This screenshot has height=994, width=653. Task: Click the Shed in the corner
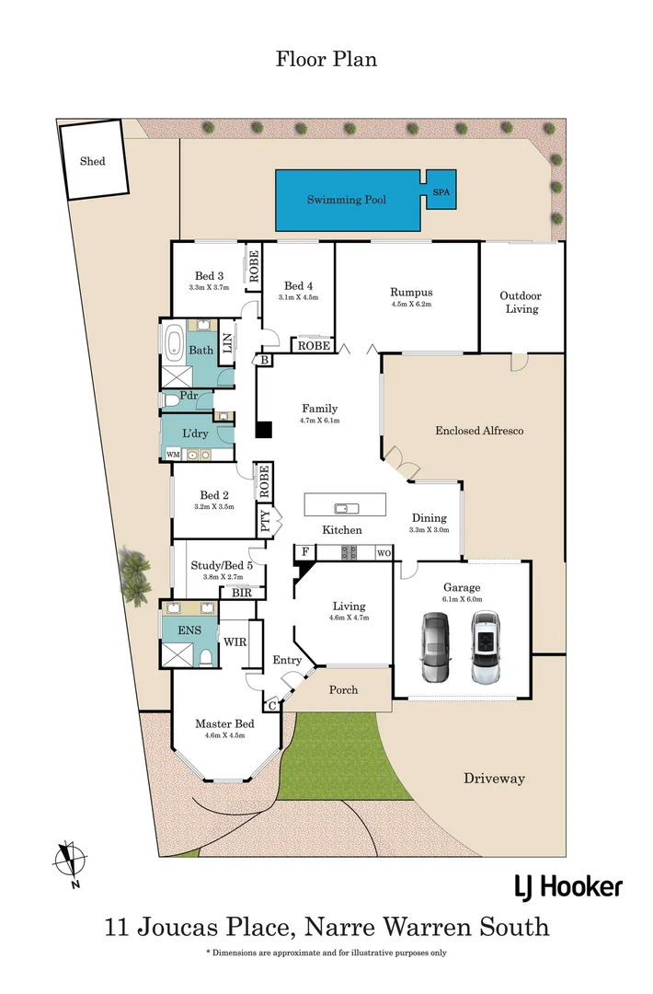(x=92, y=161)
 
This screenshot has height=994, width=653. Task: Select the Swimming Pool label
(x=346, y=200)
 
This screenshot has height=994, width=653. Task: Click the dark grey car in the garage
(x=432, y=647)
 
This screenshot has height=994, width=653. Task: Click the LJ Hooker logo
(x=567, y=886)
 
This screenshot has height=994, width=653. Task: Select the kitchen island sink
(x=345, y=506)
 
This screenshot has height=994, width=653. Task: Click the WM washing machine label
(x=173, y=454)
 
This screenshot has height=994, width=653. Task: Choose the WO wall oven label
(x=384, y=552)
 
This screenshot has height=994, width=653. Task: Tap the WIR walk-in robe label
(x=234, y=641)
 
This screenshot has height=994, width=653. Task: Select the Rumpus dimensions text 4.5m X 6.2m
(x=411, y=304)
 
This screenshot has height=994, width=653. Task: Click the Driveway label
(x=494, y=779)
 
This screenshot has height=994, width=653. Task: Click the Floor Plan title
(x=326, y=60)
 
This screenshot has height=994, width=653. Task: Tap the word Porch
(x=342, y=689)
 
